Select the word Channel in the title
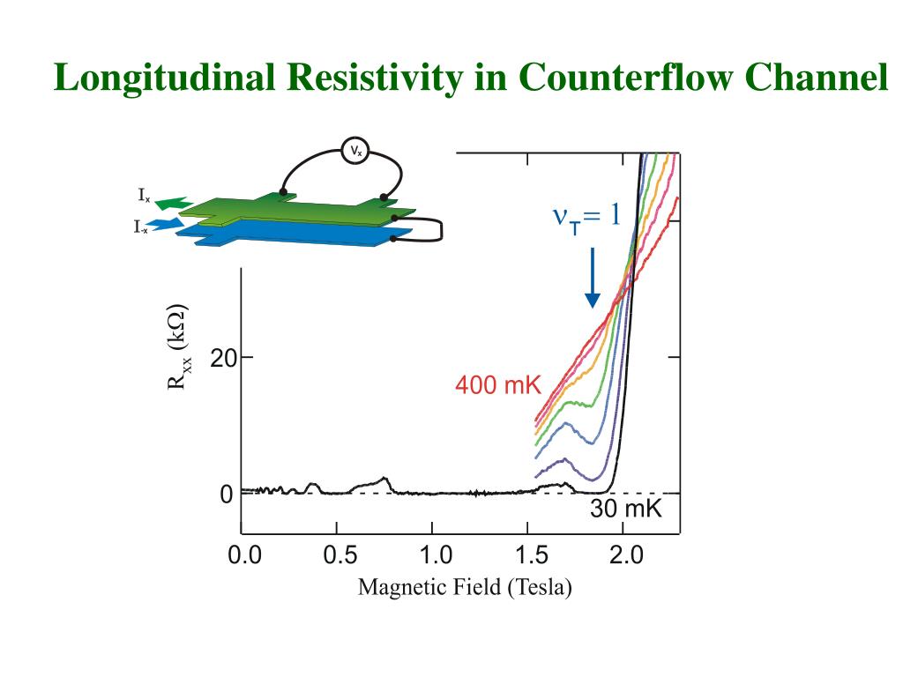816,78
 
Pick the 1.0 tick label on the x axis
435,555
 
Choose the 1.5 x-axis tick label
530,555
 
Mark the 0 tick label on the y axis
227,495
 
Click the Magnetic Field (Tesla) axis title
465,587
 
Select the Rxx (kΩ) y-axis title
179,348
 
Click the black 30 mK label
625,510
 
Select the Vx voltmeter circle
356,153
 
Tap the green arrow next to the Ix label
175,203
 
